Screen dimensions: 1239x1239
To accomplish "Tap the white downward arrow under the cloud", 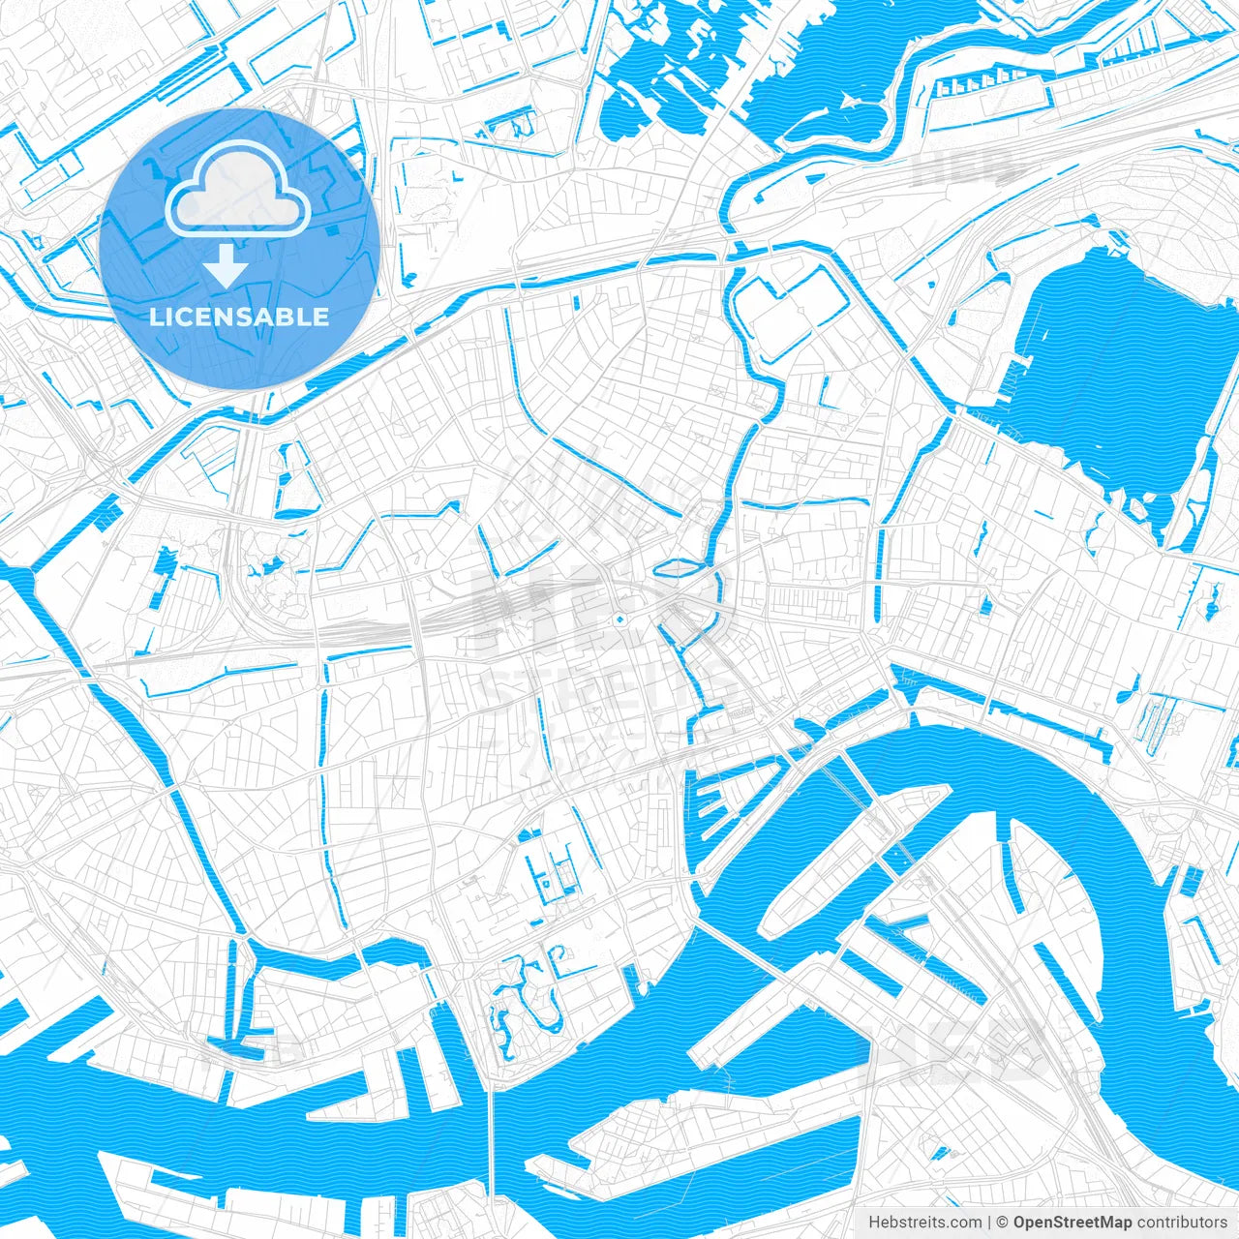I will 227,265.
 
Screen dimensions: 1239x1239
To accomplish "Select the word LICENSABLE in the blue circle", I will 238,317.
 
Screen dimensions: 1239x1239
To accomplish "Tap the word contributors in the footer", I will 1182,1223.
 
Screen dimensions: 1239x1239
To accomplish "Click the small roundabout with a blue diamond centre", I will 619,617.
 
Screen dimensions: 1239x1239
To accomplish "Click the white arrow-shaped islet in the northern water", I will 849,99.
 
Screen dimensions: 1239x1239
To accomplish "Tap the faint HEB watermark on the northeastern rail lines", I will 958,166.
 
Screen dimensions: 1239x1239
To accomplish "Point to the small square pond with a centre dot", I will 545,882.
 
